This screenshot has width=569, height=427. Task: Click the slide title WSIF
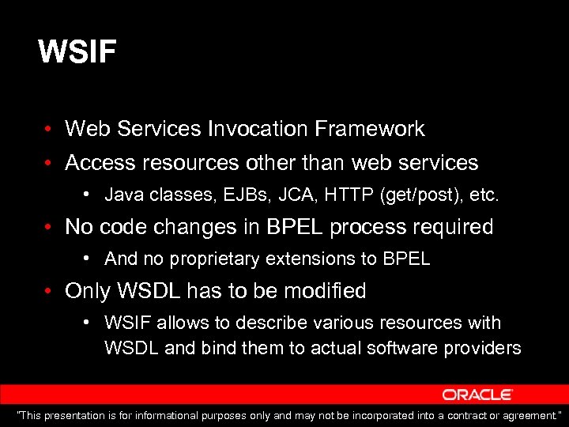(x=77, y=53)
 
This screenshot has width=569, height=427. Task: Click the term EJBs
(x=215, y=194)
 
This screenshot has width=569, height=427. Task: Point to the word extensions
(x=304, y=259)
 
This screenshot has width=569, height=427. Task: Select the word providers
(x=484, y=348)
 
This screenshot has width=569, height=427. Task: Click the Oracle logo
(x=477, y=394)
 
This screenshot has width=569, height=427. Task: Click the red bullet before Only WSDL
(x=49, y=292)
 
